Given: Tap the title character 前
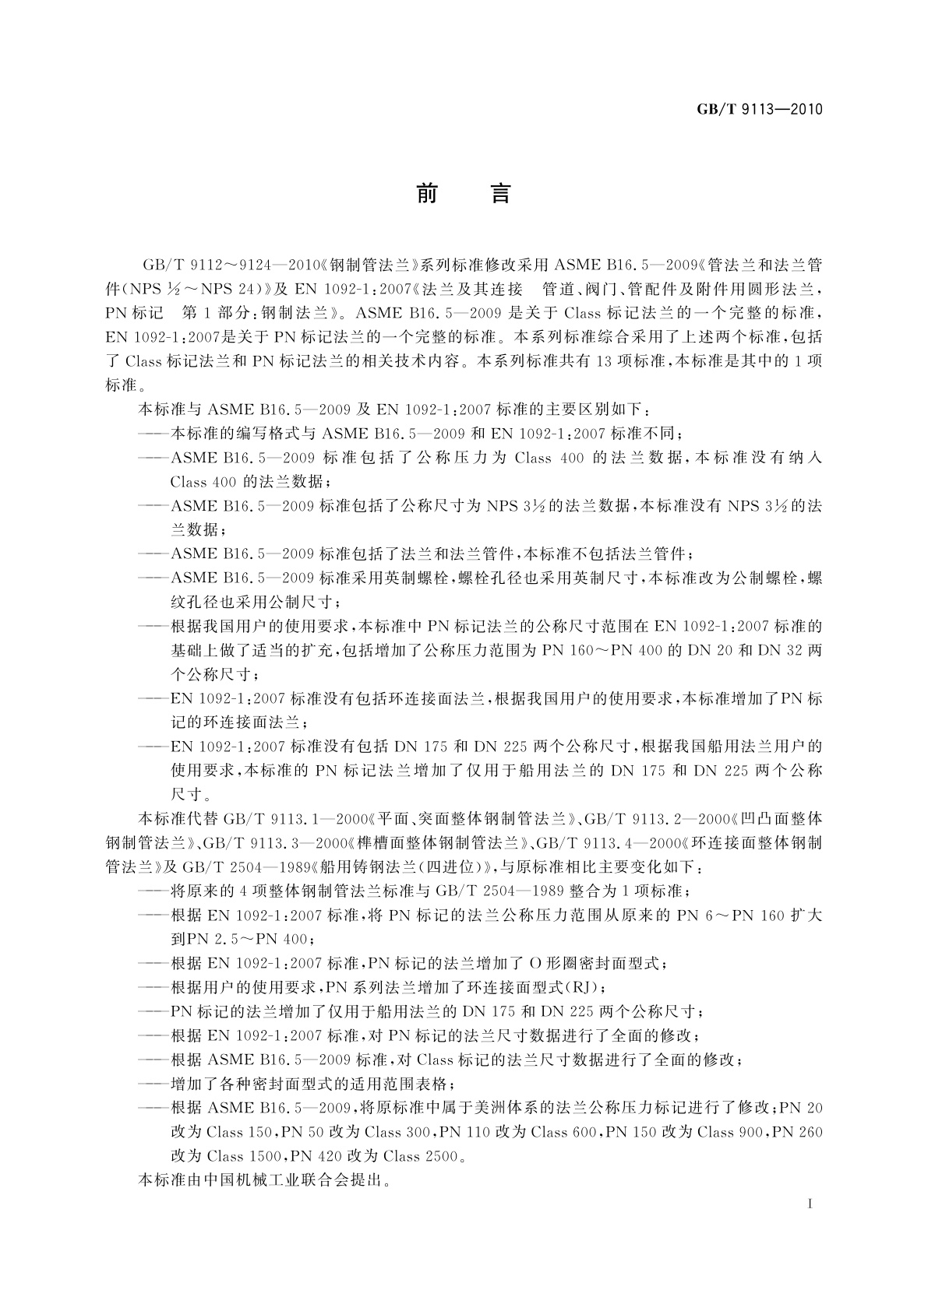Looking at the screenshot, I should coord(426,193).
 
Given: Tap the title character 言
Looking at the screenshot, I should coord(500,193).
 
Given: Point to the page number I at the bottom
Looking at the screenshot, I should coord(811,1204).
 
